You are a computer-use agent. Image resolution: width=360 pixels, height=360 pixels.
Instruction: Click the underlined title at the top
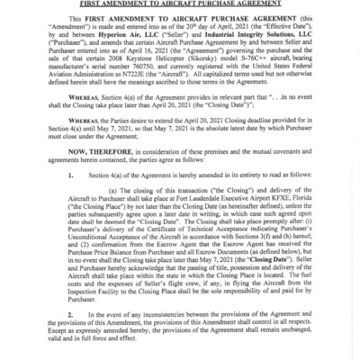(180, 4)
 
